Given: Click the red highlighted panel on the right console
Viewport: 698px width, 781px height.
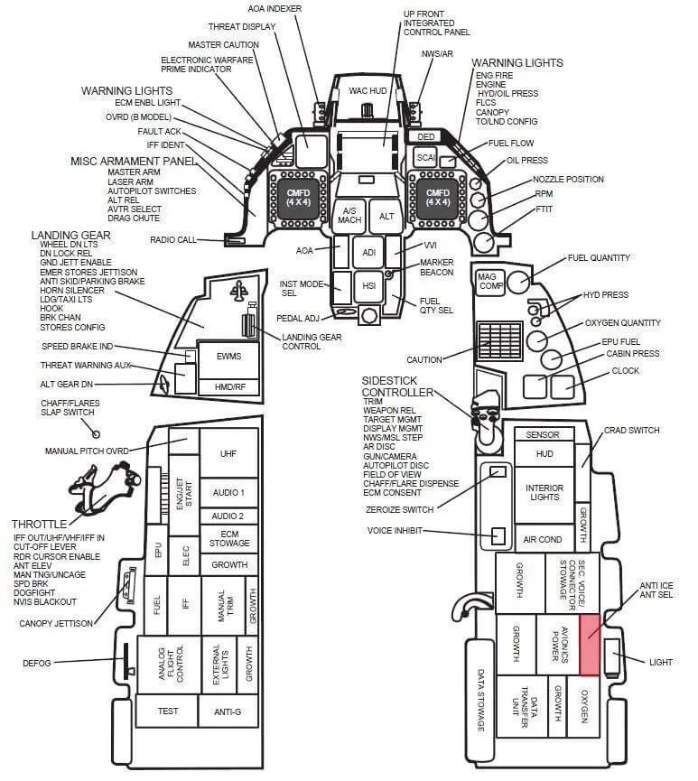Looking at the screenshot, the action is pos(590,645).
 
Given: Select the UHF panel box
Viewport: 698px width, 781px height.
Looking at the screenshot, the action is pos(228,452).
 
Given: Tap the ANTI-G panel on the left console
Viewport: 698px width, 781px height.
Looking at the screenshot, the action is pos(228,711).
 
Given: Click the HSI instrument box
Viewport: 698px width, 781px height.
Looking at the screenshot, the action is pos(368,286).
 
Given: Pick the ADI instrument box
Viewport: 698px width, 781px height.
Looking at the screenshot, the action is pos(368,253).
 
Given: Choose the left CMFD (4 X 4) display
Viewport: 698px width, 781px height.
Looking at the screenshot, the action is pos(298,197).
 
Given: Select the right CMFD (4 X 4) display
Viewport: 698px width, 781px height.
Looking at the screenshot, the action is pos(437,197).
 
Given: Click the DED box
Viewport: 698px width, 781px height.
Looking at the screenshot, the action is pos(426,136).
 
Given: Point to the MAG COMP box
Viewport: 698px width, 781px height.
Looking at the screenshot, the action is pos(490,283).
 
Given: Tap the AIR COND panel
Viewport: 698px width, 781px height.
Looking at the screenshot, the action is pos(543,539).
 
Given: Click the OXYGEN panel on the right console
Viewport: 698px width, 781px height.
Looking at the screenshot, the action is pos(584,706).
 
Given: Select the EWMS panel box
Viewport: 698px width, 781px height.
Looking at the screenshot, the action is pos(228,357).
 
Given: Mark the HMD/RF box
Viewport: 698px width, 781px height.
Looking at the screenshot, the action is pos(229,387).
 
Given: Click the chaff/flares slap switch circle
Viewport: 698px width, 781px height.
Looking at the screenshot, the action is pos(96,434).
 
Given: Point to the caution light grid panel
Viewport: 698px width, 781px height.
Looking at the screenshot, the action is pos(499,340).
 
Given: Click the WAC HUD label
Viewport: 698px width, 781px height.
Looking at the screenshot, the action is pos(368,90).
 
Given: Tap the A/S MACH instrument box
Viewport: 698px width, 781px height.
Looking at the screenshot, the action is pos(349,215).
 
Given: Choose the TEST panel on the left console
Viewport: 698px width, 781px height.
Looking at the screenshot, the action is pos(167,711).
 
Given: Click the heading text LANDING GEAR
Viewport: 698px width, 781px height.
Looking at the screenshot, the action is pos(70,235).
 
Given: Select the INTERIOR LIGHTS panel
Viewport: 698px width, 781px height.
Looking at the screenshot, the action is pos(544,493).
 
